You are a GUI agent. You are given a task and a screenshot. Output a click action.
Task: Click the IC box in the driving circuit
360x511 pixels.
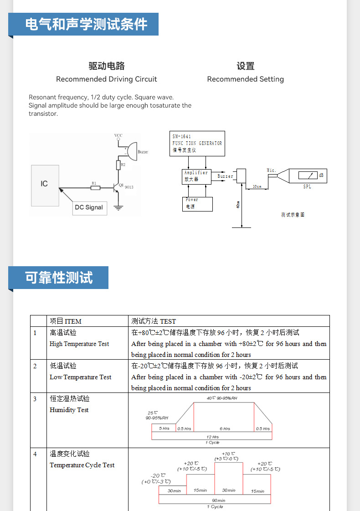pyautogui.click(x=44, y=184)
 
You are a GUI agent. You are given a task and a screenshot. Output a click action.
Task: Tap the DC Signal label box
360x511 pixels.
pyautogui.click(x=89, y=207)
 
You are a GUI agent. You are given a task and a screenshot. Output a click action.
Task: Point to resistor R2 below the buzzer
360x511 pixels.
pyautogui.click(x=118, y=165)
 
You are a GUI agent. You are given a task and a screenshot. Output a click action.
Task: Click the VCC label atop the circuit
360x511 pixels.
pyautogui.click(x=118, y=136)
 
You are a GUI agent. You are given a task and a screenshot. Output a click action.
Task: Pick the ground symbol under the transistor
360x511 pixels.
pyautogui.click(x=118, y=207)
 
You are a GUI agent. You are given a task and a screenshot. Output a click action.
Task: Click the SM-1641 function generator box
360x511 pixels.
pyautogui.click(x=197, y=143)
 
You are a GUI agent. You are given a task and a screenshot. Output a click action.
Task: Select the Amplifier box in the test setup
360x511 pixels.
pyautogui.click(x=196, y=176)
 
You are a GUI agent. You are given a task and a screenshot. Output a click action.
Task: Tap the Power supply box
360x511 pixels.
pyautogui.click(x=197, y=204)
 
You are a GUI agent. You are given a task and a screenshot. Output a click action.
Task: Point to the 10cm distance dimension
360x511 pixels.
pyautogui.click(x=257, y=186)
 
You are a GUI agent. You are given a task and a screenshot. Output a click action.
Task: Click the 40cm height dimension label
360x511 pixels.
pyautogui.click(x=238, y=206)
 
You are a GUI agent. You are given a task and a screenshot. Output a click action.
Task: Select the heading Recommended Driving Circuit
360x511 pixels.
pyautogui.click(x=106, y=79)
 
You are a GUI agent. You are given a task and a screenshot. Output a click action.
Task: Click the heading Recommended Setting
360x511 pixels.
pyautogui.click(x=245, y=79)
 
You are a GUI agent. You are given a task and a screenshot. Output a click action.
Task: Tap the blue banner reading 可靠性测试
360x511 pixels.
pyautogui.click(x=59, y=278)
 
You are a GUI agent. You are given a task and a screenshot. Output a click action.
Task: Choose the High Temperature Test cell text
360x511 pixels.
pyautogui.click(x=79, y=344)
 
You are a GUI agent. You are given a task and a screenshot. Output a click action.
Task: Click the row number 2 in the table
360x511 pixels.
pyautogui.click(x=35, y=366)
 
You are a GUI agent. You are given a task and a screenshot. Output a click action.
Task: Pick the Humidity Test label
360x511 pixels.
pyautogui.click(x=69, y=410)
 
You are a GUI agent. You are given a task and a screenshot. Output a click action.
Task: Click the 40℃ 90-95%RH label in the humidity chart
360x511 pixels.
pyautogui.click(x=221, y=398)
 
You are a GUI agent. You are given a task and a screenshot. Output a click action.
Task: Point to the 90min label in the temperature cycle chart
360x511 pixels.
pyautogui.click(x=218, y=501)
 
